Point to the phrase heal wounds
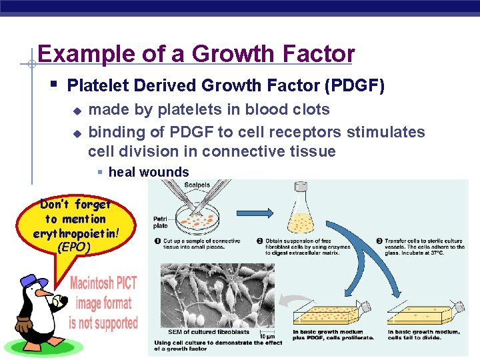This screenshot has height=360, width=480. point(148,172)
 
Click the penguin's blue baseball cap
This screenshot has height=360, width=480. point(31,280)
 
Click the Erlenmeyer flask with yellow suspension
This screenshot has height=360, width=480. point(299,215)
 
